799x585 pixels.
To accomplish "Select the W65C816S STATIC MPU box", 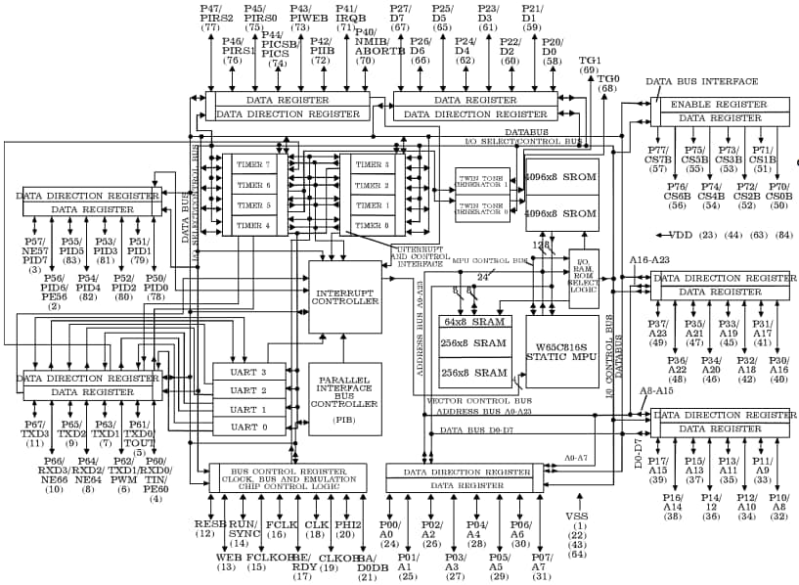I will [562, 351].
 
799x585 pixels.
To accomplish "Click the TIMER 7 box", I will [253, 164].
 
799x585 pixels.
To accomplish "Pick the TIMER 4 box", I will [253, 226].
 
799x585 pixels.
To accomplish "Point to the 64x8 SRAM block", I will [474, 322].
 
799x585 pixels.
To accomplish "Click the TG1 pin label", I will [590, 60].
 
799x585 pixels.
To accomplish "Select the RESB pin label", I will [205, 523].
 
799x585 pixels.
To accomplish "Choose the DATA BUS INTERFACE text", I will [701, 81].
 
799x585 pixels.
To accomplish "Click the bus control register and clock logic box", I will [288, 477].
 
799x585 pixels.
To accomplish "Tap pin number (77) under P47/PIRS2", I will [210, 27].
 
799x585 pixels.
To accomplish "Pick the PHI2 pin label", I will [347, 523].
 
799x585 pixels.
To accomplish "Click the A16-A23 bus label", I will [647, 260].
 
